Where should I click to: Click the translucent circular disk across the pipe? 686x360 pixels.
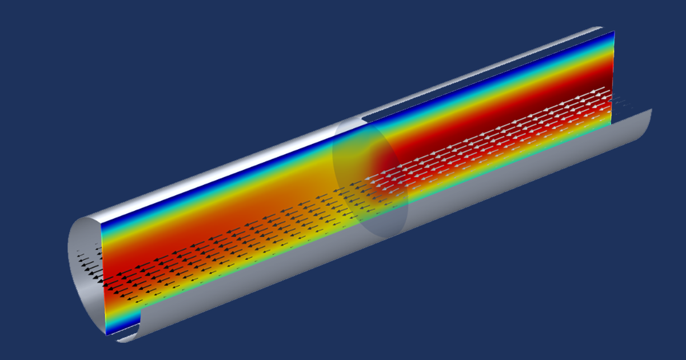pyautogui.click(x=370, y=183)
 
